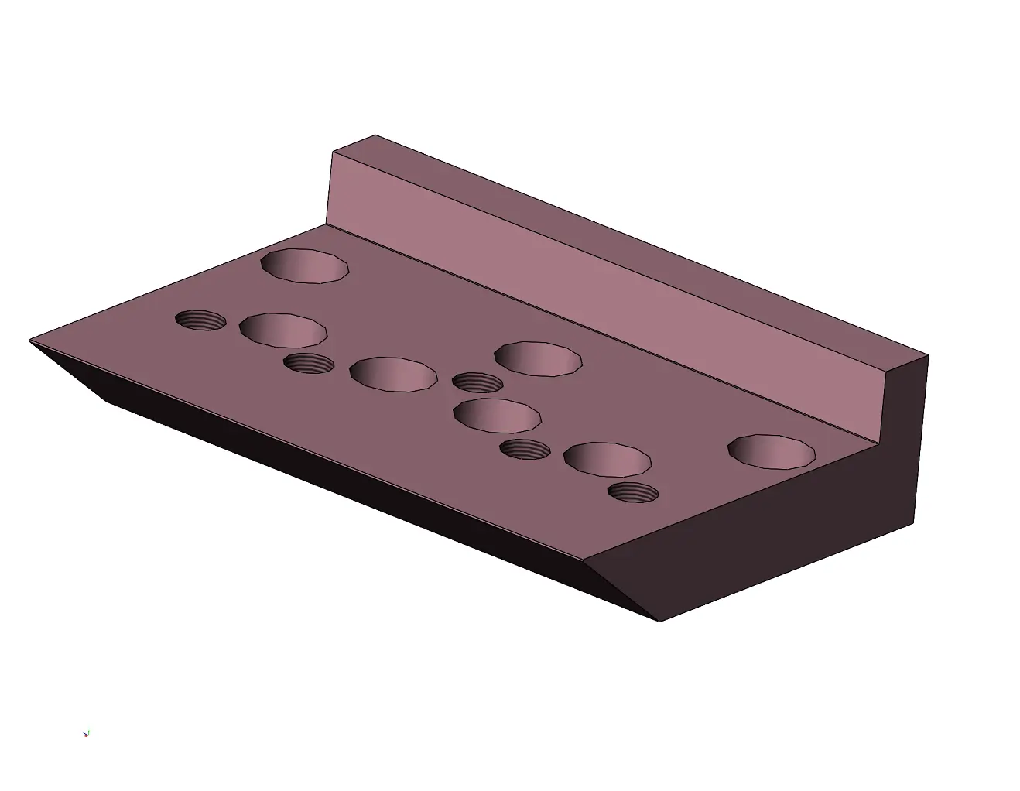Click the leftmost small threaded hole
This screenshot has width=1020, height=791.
tap(200, 320)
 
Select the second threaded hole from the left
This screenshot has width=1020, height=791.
tap(309, 363)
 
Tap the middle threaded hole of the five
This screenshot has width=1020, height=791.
tap(477, 382)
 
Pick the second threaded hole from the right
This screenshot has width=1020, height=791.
tap(525, 448)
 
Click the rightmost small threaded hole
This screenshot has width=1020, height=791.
tap(633, 492)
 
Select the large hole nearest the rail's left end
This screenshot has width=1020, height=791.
tap(305, 265)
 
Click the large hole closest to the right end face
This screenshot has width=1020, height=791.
tap(772, 451)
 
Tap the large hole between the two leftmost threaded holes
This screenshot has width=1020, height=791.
tap(282, 330)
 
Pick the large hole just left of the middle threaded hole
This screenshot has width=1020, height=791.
tap(392, 373)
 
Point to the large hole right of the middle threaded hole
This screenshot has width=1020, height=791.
tap(538, 358)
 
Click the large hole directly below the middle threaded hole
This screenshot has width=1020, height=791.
tap(496, 416)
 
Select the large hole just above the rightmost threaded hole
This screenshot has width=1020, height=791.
tap(608, 459)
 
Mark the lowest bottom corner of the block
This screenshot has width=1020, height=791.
tap(659, 621)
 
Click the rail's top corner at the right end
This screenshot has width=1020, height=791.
tap(927, 356)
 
